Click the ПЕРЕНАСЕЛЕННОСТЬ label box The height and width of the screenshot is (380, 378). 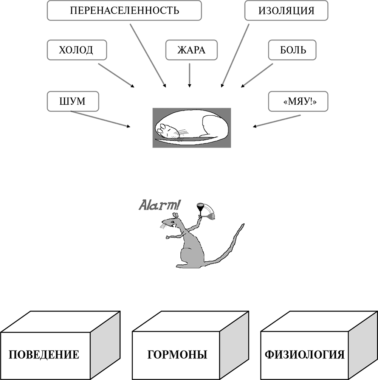point(124,11)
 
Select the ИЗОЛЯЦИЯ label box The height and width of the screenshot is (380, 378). point(286,11)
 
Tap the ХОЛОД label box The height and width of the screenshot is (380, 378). point(76,50)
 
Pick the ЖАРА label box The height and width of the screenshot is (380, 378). point(192,50)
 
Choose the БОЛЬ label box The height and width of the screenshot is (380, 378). point(292,50)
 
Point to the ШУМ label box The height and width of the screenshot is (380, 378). point(73,101)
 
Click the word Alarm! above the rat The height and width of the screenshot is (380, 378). point(159,205)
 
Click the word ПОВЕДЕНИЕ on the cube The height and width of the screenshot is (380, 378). point(44,355)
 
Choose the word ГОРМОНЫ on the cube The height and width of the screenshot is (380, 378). point(177,355)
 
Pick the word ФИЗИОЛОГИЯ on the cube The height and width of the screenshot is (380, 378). point(305,355)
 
